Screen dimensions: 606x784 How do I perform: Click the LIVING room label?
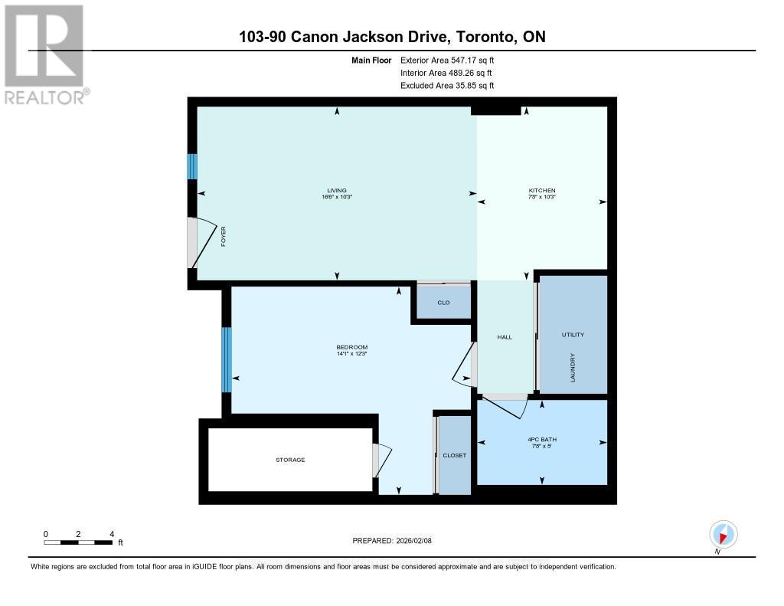pos(337,191)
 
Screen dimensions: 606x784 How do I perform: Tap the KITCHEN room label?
pos(541,191)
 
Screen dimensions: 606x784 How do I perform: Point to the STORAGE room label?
pos(290,460)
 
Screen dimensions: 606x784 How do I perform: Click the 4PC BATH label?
pos(541,439)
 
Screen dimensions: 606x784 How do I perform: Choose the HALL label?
pos(505,337)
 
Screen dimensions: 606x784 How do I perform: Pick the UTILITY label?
pos(573,335)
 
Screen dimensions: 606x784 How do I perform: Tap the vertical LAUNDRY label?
pos(573,368)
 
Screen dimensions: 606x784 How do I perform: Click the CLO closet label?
pos(443,303)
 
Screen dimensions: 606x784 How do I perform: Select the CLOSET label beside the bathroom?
pos(454,455)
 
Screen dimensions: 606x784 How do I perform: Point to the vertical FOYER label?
pos(224,237)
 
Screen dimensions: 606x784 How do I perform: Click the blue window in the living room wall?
pos(192,166)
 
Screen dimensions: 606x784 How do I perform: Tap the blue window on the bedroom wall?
pos(226,360)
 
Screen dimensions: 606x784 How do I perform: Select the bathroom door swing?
pos(505,406)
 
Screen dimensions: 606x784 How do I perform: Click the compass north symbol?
pos(723,534)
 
